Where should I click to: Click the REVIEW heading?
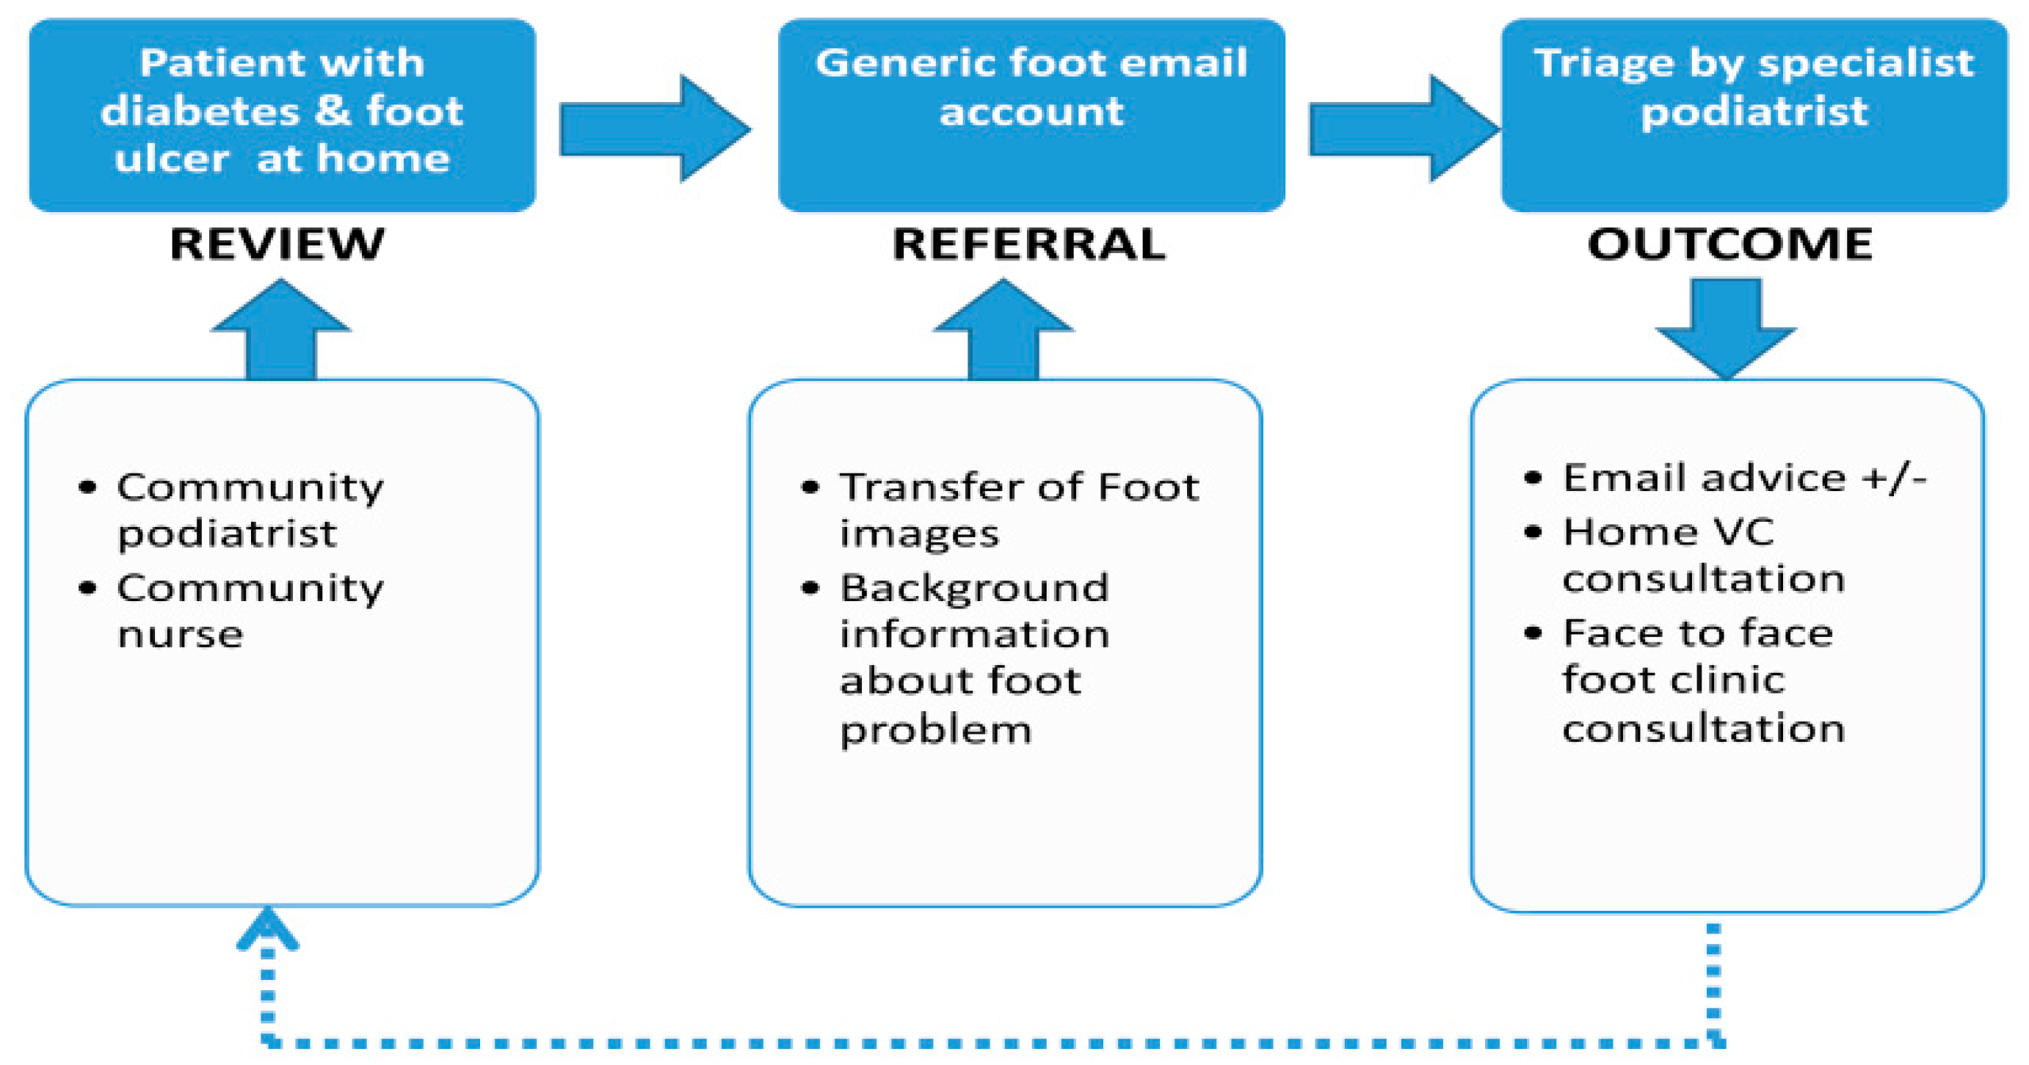277,244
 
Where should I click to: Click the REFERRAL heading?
1028,244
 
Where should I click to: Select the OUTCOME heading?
1729,244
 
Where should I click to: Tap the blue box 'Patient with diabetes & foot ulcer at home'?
282,115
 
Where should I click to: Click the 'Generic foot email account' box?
1031,115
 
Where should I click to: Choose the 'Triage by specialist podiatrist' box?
1754,115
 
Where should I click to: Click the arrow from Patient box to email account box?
655,129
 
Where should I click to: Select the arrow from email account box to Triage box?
1404,129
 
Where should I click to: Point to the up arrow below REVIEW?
281,330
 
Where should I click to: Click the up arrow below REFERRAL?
1003,330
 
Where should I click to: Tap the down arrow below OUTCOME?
1726,330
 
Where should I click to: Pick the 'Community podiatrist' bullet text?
250,510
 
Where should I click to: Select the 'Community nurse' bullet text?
250,611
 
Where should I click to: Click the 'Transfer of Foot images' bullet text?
1019,510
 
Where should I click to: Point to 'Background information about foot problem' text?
975,658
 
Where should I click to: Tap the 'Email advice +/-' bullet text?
1744,478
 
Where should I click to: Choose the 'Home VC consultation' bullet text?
1704,556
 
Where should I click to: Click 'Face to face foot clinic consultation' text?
1704,680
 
